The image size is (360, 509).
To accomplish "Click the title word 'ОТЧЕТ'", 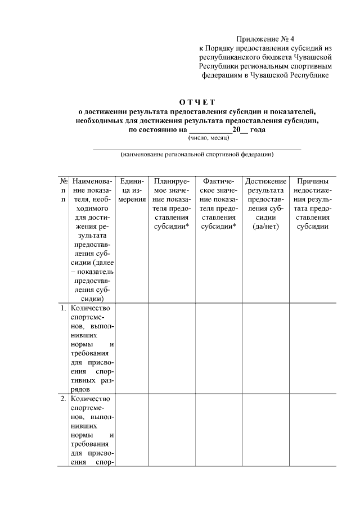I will [197, 102].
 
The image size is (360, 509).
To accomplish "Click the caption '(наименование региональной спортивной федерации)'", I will [197, 154].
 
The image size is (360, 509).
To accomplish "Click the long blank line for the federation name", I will [197, 148].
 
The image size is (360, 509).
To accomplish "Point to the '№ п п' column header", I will [63, 191].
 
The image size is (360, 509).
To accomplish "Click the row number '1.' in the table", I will [63, 308].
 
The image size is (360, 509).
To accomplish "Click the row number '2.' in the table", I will [63, 399].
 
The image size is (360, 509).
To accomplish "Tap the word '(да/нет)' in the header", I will [265, 227].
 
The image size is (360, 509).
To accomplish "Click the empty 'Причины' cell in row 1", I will [313, 348].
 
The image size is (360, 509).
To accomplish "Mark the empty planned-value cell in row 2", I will [172, 430].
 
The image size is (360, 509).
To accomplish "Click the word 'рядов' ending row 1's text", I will [80, 389].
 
